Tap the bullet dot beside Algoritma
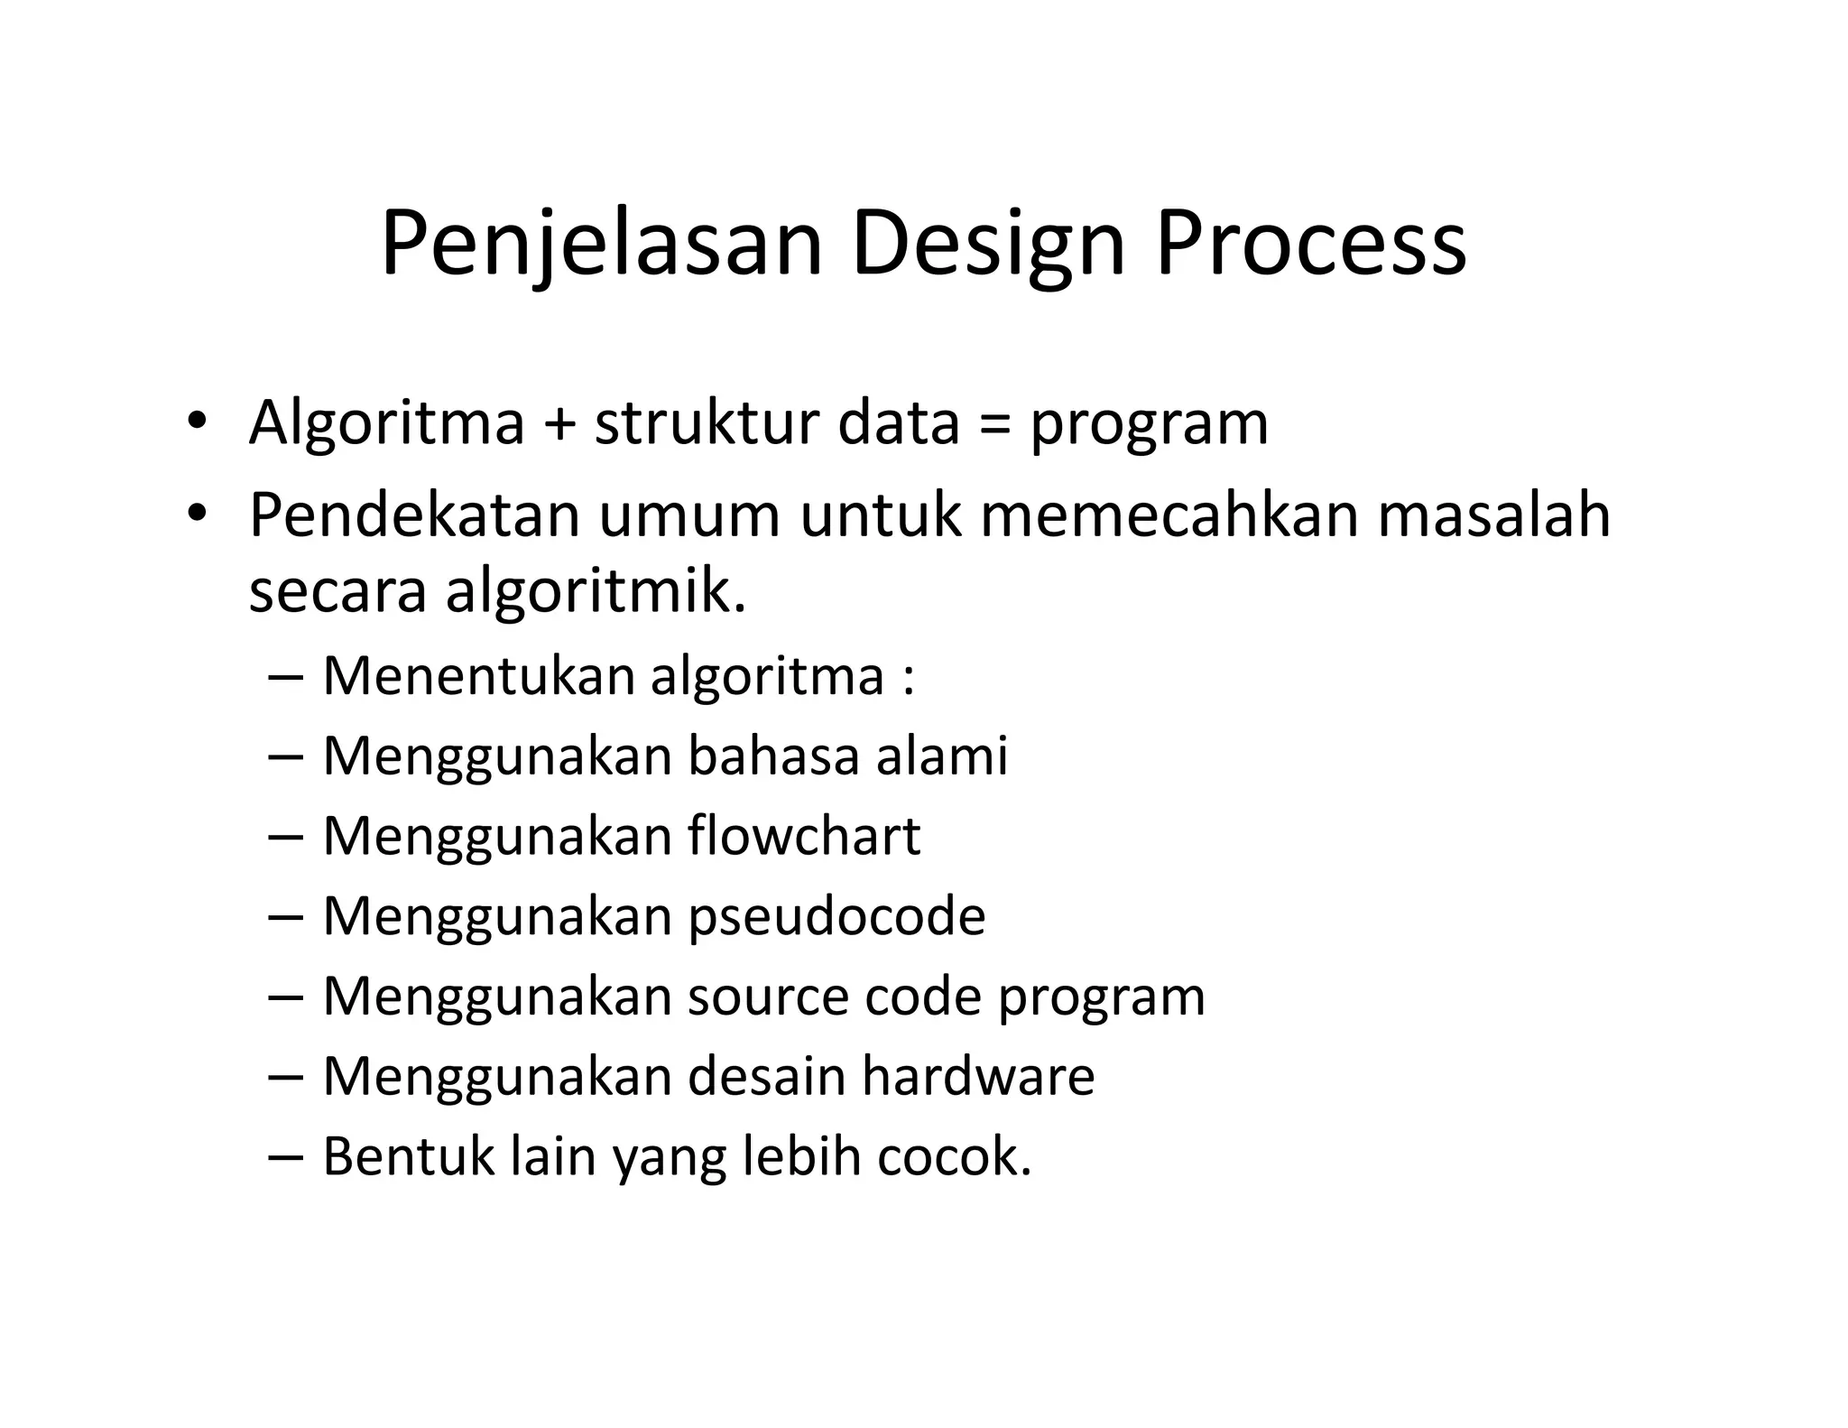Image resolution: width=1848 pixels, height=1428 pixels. [x=196, y=422]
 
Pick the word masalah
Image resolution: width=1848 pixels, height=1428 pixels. [x=1493, y=515]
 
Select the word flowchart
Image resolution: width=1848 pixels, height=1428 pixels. [x=804, y=836]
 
